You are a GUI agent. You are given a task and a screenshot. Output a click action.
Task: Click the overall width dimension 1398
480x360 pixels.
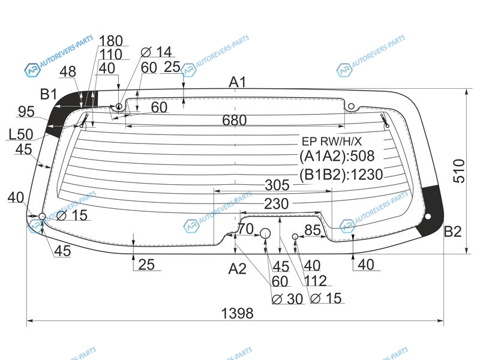(x=237, y=313)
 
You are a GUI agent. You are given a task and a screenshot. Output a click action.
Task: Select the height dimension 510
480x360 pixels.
(x=459, y=171)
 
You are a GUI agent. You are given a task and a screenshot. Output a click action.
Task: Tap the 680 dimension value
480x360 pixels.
(x=235, y=121)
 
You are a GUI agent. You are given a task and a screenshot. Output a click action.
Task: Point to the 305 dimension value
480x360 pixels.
(x=277, y=185)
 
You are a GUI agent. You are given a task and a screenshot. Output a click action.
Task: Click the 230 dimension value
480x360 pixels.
(x=276, y=203)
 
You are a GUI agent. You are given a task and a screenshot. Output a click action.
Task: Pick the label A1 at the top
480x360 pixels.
(x=238, y=82)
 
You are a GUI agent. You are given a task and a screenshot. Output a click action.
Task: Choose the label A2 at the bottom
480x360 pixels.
(x=237, y=269)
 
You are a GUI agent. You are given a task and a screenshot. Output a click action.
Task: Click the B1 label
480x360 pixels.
(x=49, y=94)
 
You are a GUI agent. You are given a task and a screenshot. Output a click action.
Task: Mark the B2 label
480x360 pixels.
(x=452, y=232)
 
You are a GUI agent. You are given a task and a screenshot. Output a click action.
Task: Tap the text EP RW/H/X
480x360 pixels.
(x=332, y=142)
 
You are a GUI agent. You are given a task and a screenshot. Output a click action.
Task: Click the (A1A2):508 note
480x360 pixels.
(x=337, y=156)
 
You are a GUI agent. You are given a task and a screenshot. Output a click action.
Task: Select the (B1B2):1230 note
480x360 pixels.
(x=341, y=175)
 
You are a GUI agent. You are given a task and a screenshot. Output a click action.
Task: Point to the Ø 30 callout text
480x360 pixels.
(x=287, y=299)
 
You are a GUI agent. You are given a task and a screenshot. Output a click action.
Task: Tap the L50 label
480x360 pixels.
(x=21, y=134)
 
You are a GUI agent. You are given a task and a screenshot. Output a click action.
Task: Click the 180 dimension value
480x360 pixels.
(x=111, y=41)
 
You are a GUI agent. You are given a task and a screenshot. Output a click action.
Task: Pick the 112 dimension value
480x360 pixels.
(x=316, y=281)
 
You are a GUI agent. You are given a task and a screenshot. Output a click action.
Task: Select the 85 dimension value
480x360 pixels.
(x=313, y=230)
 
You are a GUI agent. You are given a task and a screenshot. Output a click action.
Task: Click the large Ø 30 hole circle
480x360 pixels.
(x=265, y=233)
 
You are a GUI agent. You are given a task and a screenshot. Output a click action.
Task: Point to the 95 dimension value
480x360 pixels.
(x=26, y=112)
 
